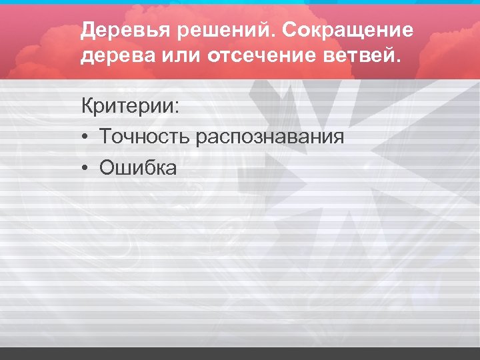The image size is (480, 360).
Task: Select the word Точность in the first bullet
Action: (145, 137)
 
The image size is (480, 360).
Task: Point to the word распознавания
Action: (270, 138)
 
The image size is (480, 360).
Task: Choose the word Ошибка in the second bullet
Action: (138, 168)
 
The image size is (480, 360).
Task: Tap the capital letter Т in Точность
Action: (105, 137)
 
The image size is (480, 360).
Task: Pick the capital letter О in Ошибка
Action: (107, 168)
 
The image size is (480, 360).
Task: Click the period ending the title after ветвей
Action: (399, 61)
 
